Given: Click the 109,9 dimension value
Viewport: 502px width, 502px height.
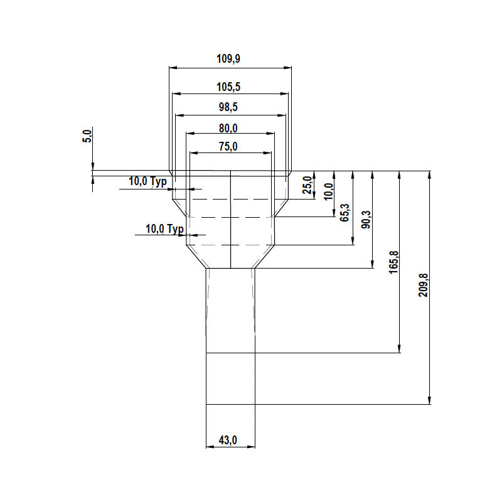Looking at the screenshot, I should click(229, 60).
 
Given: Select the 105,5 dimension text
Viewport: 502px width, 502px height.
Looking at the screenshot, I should click(229, 87).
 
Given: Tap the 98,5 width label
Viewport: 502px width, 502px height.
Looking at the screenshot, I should click(228, 107).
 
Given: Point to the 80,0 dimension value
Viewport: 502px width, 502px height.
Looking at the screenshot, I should click(228, 128).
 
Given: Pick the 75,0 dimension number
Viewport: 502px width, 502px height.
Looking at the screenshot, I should click(228, 147).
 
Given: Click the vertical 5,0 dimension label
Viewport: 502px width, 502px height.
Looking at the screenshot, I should click(87, 135).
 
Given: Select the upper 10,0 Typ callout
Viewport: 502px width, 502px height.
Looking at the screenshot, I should click(148, 181).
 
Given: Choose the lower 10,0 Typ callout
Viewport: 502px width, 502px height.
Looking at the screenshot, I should click(164, 229).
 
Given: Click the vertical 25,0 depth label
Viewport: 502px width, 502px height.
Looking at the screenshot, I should click(307, 186).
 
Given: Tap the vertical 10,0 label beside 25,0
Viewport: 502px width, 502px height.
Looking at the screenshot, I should click(327, 191).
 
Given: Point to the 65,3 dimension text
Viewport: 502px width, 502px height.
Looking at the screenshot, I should click(345, 213).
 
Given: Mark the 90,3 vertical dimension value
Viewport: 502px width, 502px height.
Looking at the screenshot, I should click(366, 222).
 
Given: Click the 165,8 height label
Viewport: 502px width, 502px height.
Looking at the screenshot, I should click(393, 260).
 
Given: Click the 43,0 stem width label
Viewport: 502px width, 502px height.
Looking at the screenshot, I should click(228, 441).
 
